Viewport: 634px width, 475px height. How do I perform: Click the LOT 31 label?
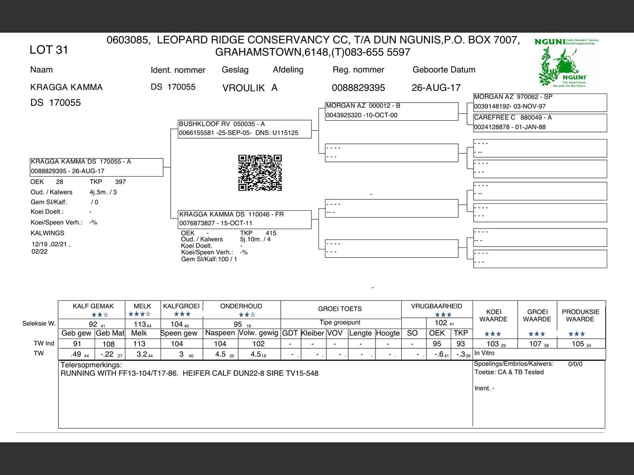pos(49,50)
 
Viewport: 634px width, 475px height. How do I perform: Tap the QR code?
pos(260,173)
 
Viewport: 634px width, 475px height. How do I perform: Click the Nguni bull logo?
pos(567,63)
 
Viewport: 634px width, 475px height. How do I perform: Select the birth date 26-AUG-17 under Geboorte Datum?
pos(436,88)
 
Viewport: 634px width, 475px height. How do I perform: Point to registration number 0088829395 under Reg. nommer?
pos(358,88)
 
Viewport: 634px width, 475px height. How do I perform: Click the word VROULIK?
pos(243,88)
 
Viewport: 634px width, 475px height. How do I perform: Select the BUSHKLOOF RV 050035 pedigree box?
pos(245,129)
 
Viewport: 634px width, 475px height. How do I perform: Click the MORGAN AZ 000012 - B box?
pos(391,111)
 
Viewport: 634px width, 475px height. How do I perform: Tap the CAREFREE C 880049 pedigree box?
pos(540,123)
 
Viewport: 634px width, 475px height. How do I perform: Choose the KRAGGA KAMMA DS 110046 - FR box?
pos(245,219)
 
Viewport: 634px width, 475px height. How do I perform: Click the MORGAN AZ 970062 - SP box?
pos(540,102)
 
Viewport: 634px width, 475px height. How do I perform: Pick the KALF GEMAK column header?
pos(93,306)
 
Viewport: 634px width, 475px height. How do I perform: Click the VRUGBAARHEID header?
pos(436,306)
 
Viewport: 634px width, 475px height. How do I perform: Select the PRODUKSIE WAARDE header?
pos(580,316)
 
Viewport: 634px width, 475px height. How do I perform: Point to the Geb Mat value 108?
pos(108,344)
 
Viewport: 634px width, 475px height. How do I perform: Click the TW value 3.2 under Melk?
pos(142,354)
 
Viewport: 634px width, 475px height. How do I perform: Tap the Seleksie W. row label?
pos(39,324)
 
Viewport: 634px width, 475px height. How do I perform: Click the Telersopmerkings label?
pos(91,365)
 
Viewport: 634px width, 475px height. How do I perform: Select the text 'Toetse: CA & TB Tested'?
pos(509,372)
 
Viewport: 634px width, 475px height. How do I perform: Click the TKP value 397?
pos(120,182)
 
